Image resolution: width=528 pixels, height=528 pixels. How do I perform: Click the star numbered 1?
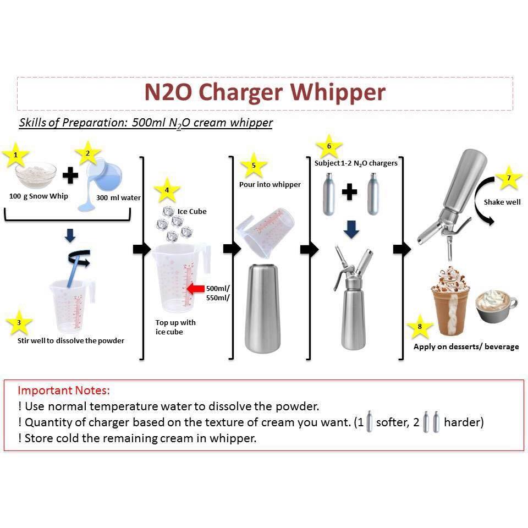click(15, 156)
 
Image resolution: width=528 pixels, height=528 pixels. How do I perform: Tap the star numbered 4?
click(167, 192)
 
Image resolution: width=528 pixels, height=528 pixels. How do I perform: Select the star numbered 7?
click(508, 178)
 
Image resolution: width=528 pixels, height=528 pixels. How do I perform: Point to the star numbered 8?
click(420, 326)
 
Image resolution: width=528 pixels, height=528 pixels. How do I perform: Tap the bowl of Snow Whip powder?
click(36, 175)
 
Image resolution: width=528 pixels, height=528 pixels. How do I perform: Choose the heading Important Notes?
click(64, 391)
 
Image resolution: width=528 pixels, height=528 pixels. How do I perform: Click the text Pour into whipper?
click(269, 184)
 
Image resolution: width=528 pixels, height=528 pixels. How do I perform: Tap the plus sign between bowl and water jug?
click(70, 175)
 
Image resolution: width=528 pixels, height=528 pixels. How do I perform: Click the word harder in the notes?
click(464, 422)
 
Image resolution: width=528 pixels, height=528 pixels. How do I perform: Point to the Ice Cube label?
click(192, 211)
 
